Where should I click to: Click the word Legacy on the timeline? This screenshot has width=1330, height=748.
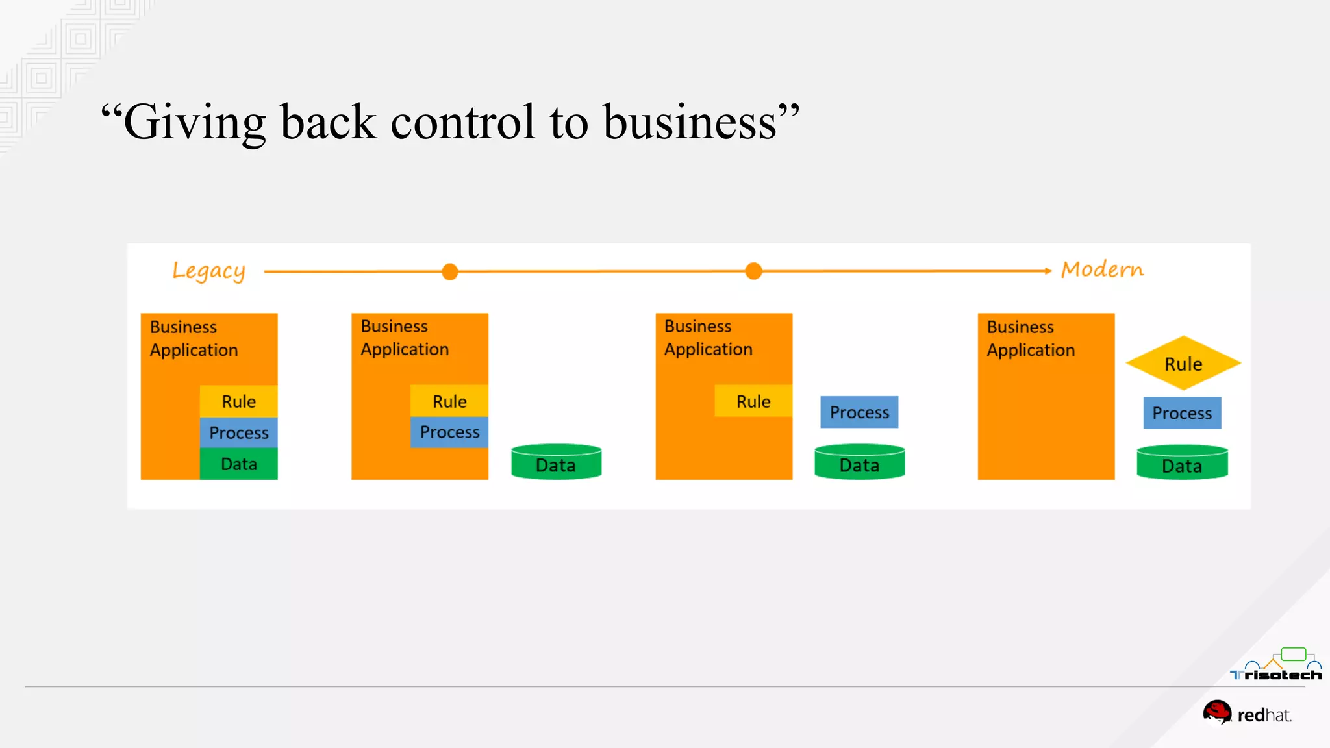click(208, 271)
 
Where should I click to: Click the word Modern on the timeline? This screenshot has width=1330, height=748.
click(1102, 269)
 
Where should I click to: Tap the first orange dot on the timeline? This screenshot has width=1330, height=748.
click(449, 271)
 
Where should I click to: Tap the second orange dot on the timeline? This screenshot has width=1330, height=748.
click(753, 271)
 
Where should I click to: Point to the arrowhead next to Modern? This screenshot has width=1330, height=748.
click(1048, 271)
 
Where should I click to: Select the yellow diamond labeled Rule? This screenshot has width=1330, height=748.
click(1183, 363)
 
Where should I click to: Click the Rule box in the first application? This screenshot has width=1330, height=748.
click(238, 401)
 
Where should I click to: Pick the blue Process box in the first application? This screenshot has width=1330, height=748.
click(238, 432)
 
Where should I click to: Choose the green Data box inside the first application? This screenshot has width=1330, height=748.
click(238, 464)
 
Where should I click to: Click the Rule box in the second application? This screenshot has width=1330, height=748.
click(449, 401)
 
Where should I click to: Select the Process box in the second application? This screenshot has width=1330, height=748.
click(449, 432)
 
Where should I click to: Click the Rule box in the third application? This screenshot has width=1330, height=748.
click(753, 401)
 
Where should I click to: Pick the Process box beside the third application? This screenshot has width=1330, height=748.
click(859, 412)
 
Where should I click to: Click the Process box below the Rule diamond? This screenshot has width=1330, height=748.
click(1182, 413)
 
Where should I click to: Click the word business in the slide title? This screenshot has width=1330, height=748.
click(690, 122)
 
